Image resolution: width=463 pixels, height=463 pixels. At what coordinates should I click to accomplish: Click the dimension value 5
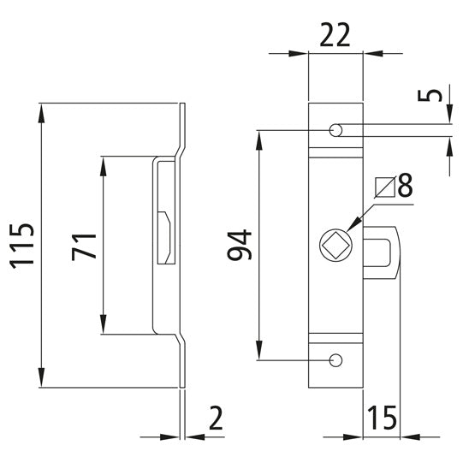438,92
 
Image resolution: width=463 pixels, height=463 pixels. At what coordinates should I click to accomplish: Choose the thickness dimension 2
215,418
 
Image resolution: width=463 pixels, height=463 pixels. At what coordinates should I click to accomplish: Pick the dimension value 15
383,418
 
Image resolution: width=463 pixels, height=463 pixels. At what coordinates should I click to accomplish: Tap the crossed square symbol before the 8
384,184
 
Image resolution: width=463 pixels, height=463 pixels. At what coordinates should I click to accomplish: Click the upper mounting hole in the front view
336,130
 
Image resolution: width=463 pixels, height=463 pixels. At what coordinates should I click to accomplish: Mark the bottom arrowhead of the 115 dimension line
41,383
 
